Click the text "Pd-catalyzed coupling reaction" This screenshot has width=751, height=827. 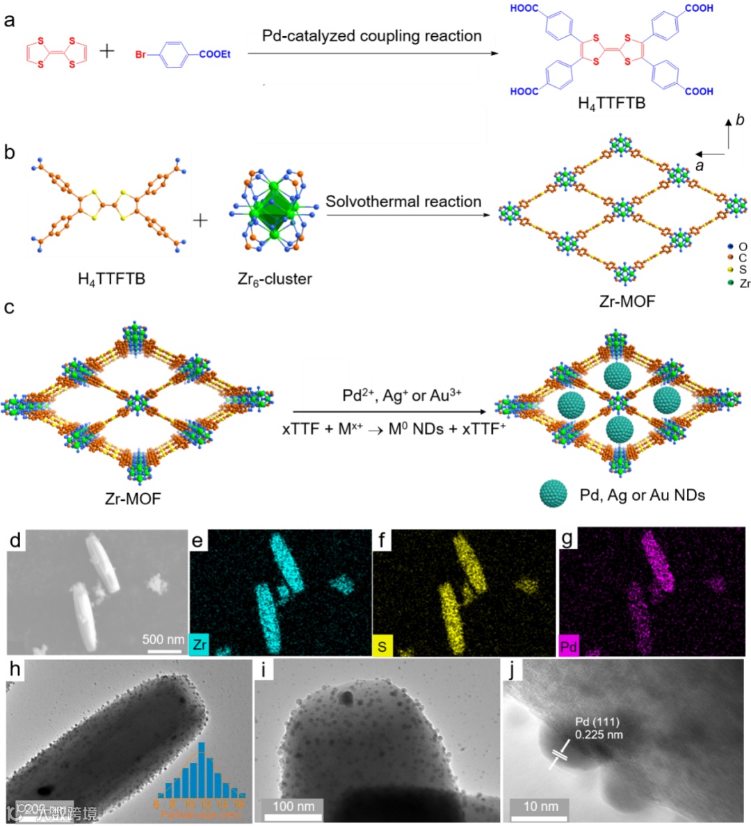point(371,36)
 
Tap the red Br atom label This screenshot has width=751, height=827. point(141,54)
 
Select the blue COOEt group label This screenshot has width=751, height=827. point(215,54)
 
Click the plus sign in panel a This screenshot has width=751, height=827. point(107,51)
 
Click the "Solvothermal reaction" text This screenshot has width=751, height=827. point(403,202)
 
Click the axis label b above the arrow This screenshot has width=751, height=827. point(740,120)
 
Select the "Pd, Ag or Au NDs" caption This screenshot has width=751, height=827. point(642,495)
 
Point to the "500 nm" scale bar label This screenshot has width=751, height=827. point(163,639)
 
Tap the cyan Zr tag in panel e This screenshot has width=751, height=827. point(200,645)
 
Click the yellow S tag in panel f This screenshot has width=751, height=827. point(382,645)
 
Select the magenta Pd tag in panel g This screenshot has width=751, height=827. point(569,646)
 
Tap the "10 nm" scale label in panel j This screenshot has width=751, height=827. point(540,806)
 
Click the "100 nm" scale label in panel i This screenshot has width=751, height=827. point(293,806)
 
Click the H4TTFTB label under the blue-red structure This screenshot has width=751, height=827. point(611,104)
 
